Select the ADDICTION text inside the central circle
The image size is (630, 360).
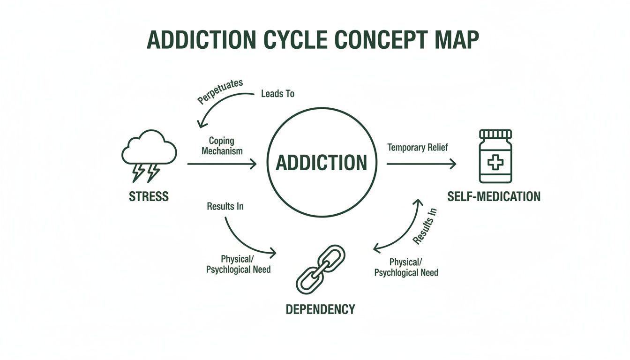pyautogui.click(x=322, y=163)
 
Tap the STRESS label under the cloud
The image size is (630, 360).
pyautogui.click(x=149, y=196)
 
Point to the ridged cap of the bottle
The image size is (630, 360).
pyautogui.click(x=495, y=134)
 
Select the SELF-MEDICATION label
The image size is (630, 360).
pyautogui.click(x=494, y=196)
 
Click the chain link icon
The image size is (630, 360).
pyautogui.click(x=320, y=269)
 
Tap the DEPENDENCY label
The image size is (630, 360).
pyautogui.click(x=320, y=309)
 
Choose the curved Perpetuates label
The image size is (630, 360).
pyautogui.click(x=220, y=91)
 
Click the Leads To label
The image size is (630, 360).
pyautogui.click(x=277, y=94)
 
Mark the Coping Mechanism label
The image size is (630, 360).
pyautogui.click(x=222, y=146)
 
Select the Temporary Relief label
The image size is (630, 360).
pyautogui.click(x=417, y=147)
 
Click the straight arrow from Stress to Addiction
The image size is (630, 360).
pyautogui.click(x=222, y=164)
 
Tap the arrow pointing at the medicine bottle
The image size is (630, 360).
pyautogui.click(x=421, y=164)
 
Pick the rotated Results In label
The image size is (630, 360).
pyautogui.click(x=425, y=226)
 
